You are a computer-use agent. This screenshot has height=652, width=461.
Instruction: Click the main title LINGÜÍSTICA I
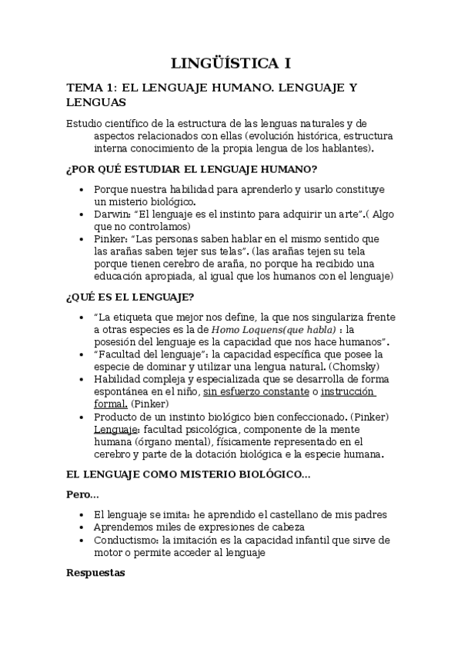(x=231, y=63)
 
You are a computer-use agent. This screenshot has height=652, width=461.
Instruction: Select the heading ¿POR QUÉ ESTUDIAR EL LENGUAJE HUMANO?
(x=192, y=169)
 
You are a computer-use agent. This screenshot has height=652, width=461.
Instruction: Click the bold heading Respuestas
(x=96, y=573)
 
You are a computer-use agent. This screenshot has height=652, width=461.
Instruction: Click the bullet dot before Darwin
(x=82, y=215)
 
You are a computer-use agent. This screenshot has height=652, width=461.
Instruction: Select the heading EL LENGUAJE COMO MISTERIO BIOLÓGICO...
(x=188, y=475)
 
